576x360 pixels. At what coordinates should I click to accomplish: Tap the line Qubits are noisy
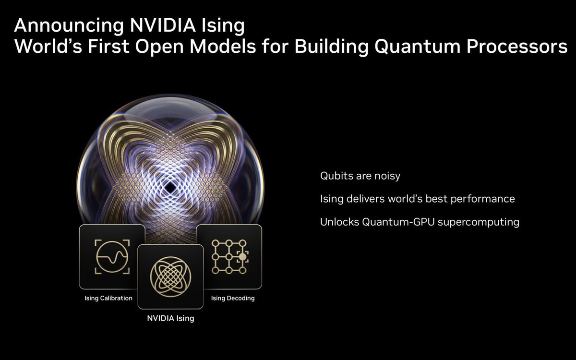tap(360, 176)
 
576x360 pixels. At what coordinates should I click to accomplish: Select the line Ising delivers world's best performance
tap(417, 199)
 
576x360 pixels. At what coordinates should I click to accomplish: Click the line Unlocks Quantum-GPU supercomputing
tap(420, 222)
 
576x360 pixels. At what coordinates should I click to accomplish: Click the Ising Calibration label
tap(108, 298)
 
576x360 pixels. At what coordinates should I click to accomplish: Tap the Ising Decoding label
tap(233, 298)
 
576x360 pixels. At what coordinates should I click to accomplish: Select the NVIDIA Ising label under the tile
tap(170, 318)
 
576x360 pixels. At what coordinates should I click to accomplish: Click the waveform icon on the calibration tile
tap(111, 256)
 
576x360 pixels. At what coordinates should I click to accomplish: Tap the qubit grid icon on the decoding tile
tap(229, 257)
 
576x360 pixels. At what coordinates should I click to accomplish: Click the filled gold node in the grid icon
tap(243, 257)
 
